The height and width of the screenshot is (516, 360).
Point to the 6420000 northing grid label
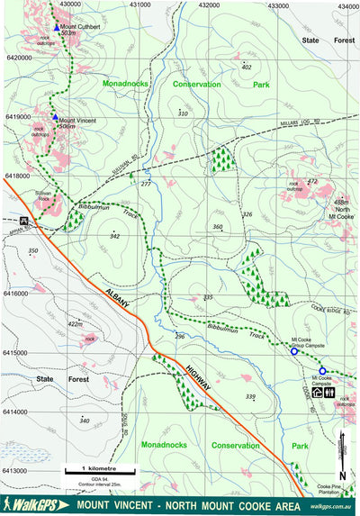point(18,58)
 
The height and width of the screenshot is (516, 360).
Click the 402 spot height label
point(247,68)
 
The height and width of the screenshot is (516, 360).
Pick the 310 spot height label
point(183,113)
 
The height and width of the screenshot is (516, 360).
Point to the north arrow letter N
point(343,475)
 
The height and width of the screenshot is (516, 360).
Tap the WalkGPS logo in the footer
point(31,505)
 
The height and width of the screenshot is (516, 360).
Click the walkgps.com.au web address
point(332,507)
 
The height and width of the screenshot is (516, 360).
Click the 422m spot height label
point(75,324)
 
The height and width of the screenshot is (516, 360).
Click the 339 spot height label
point(250,396)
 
